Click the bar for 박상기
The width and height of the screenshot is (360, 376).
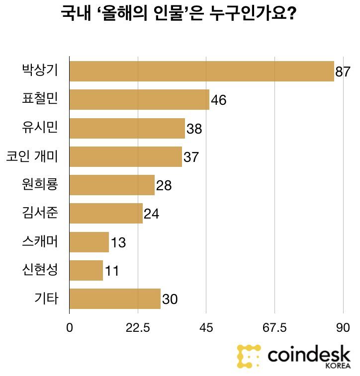coord(201,71)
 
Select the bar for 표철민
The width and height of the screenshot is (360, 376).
coord(139,99)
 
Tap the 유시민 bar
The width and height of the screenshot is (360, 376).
coord(127,128)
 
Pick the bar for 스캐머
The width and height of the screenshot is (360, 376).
coord(89,242)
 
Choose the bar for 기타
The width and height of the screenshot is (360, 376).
coord(115,299)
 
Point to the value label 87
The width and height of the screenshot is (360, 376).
coord(343,72)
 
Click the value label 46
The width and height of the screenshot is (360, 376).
coord(218,100)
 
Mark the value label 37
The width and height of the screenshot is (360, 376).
coord(191,157)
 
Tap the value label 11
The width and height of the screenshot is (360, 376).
coord(111,271)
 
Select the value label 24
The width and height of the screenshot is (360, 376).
coord(151,214)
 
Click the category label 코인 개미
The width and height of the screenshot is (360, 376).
coord(32,156)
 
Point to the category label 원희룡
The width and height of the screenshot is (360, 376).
coord(40,185)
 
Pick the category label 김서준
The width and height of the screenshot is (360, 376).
coord(40,213)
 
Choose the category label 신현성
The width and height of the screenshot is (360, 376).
coord(40,270)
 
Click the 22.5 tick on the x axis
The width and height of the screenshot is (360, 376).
coord(138,328)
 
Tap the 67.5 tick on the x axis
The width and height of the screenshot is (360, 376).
coord(274,328)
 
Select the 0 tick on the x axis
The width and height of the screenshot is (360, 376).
coord(70,328)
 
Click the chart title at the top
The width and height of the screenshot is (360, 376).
coord(179,13)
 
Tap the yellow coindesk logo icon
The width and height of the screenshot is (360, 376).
coord(249,356)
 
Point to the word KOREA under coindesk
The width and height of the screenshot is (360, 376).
coord(338,366)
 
